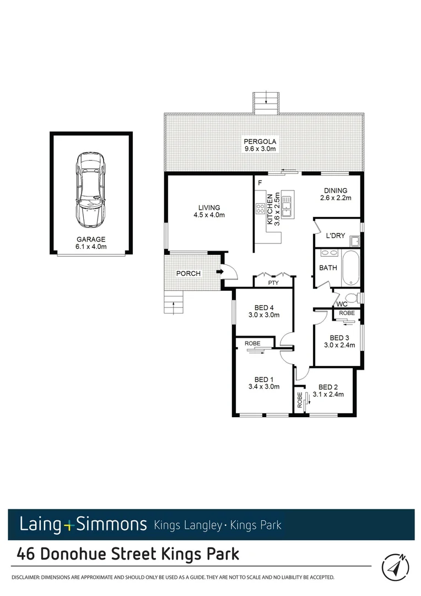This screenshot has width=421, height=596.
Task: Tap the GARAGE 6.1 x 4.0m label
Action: [91, 243]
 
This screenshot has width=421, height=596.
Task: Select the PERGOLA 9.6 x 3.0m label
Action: [260, 145]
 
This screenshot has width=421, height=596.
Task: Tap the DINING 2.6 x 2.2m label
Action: [336, 194]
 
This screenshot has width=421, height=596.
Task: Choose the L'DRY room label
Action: [335, 236]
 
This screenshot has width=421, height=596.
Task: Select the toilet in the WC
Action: [355, 299]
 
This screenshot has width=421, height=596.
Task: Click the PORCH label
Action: [188, 274]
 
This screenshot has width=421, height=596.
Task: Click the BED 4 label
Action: [264, 312]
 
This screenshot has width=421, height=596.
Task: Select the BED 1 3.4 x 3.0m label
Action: [264, 383]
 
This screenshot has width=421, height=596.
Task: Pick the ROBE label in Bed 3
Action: [347, 313]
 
